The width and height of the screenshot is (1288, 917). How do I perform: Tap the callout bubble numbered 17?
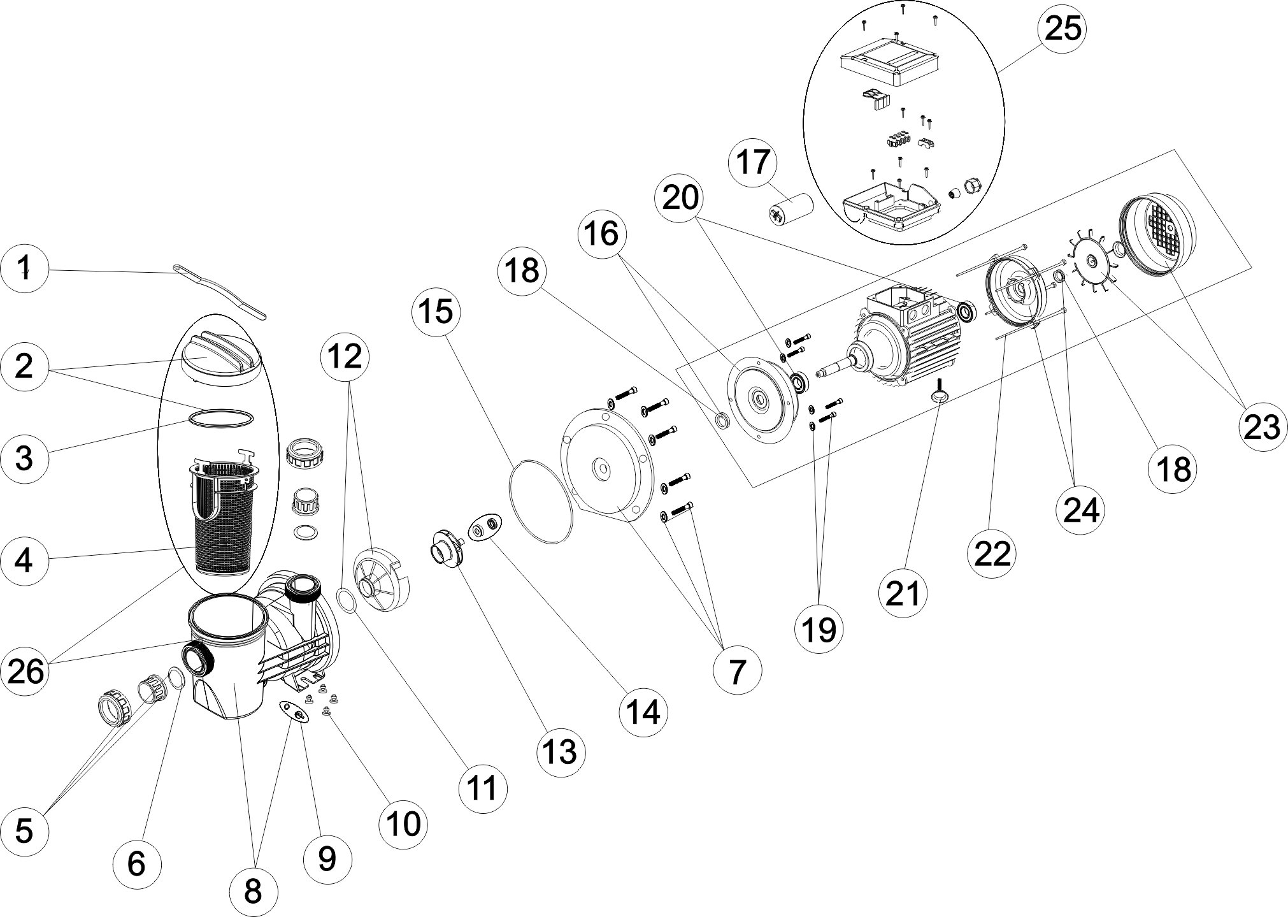click(753, 162)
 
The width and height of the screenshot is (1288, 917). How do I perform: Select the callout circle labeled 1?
click(24, 270)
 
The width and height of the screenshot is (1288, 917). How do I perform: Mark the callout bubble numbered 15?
click(436, 312)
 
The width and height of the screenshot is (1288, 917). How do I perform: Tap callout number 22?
click(992, 552)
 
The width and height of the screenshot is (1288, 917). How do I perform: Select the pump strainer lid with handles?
click(217, 357)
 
